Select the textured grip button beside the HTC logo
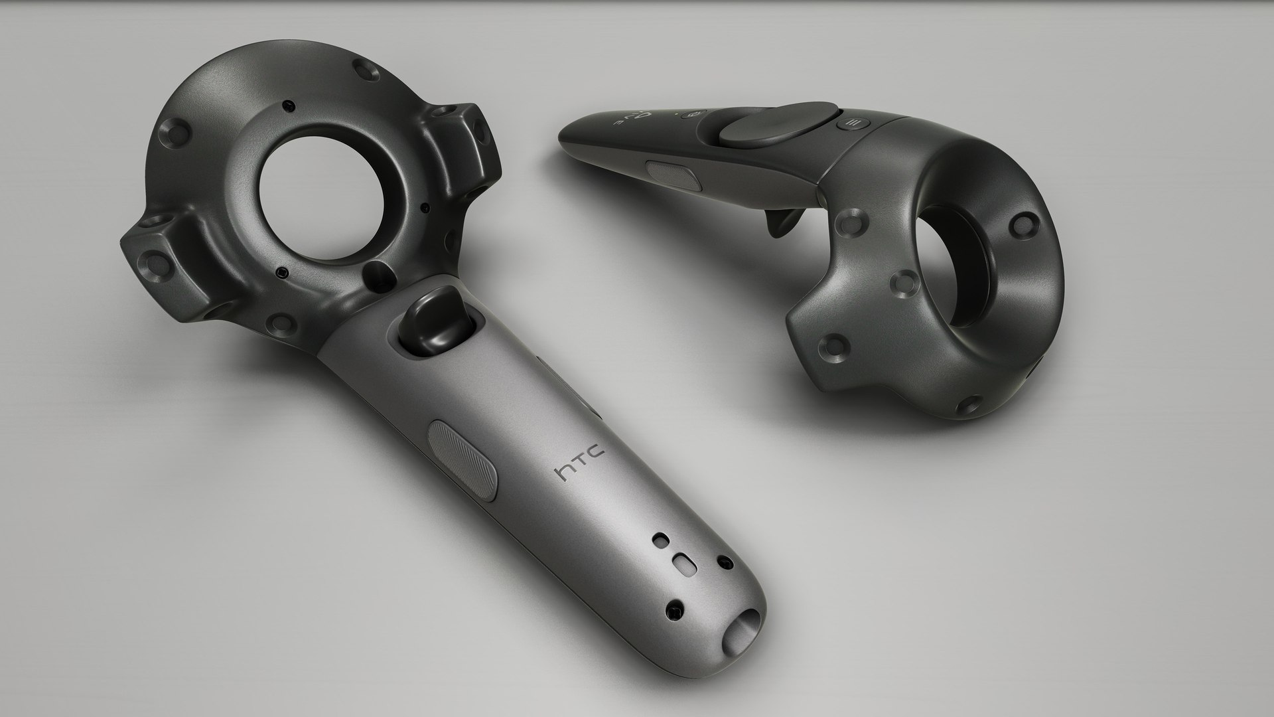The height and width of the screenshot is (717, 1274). click(x=463, y=459)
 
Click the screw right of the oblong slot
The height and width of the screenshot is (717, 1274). click(x=725, y=564)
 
